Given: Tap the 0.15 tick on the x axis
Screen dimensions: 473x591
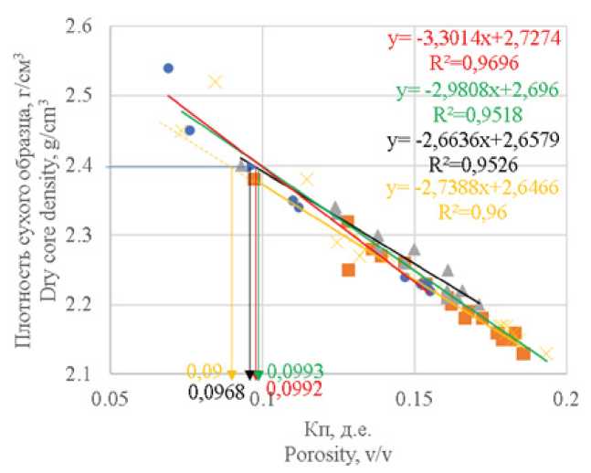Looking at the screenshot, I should pyautogui.click(x=414, y=399).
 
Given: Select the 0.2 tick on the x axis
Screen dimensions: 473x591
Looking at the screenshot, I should pyautogui.click(x=566, y=399).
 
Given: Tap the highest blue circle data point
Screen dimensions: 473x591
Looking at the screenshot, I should pyautogui.click(x=168, y=68).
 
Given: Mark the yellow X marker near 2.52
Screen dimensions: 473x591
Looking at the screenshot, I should pyautogui.click(x=215, y=81).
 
